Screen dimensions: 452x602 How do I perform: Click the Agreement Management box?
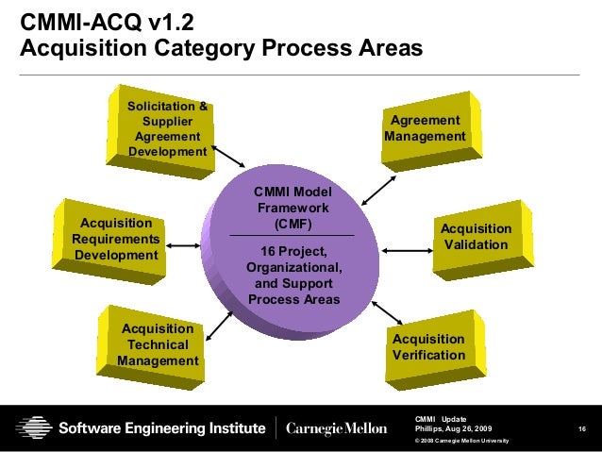(426, 129)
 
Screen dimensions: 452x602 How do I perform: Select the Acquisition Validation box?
(477, 237)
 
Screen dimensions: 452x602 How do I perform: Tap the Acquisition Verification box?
(429, 346)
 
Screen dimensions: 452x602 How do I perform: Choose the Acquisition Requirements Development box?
(116, 239)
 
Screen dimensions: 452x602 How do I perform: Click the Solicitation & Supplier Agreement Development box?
(168, 129)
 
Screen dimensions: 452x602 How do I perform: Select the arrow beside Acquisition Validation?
(407, 250)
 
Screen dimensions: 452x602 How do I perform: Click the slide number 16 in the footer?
(583, 430)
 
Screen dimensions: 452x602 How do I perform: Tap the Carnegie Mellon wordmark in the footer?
(336, 428)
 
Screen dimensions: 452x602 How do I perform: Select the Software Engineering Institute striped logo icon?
(35, 427)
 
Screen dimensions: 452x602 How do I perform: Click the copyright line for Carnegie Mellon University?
(462, 442)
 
